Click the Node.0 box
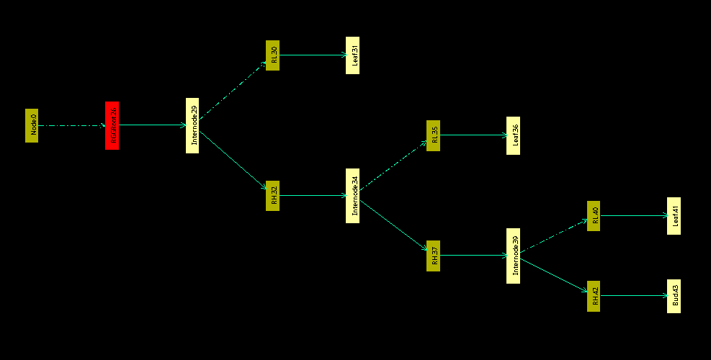click(32, 125)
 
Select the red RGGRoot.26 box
click(112, 125)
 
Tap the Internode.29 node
click(192, 125)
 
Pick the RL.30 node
click(272, 55)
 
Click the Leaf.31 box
click(352, 55)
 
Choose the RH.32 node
click(272, 195)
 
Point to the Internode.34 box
click(352, 195)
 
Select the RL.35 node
click(433, 135)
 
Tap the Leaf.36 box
click(513, 135)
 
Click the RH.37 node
click(433, 255)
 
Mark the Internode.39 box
click(513, 255)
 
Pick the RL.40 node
click(594, 215)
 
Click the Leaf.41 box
click(674, 215)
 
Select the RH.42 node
click(594, 295)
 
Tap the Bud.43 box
click(674, 295)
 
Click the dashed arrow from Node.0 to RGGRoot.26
click(71, 125)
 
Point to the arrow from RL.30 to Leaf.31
click(312, 55)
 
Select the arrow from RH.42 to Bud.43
click(633, 295)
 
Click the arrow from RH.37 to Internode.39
click(473, 255)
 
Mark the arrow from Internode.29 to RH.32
click(232, 160)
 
